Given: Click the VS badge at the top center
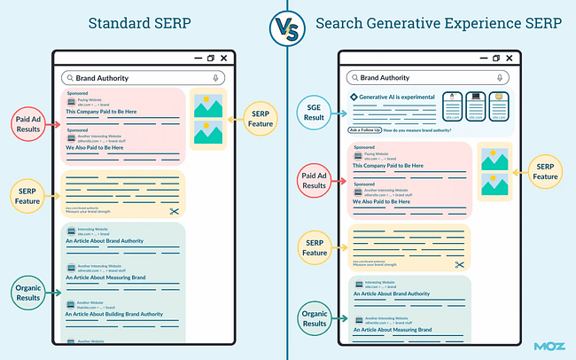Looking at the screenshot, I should click(x=287, y=27).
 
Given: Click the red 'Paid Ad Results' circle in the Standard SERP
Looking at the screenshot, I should click(x=28, y=123).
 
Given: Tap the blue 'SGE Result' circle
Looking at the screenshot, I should click(x=315, y=112).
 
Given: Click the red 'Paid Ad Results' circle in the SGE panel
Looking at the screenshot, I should click(x=315, y=180).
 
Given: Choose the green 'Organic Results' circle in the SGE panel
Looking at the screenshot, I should click(x=315, y=318).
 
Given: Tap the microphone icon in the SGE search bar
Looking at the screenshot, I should click(x=502, y=78).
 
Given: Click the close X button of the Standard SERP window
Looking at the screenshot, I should click(x=224, y=59).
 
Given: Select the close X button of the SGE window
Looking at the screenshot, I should click(x=510, y=59).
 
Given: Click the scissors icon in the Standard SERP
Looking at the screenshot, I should click(x=175, y=212).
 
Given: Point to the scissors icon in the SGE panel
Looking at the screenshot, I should click(x=460, y=264).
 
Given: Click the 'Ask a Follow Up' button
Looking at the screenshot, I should click(x=365, y=130).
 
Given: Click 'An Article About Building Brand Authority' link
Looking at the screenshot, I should click(x=117, y=315).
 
